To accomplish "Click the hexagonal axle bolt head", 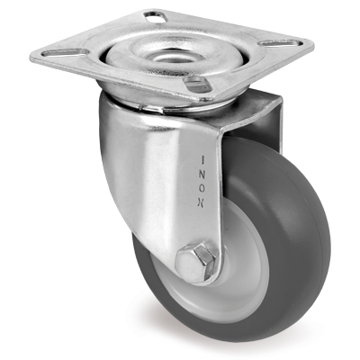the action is coord(196,261).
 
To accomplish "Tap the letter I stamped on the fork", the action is coord(202,160).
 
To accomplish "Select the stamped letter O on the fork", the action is coord(202,189).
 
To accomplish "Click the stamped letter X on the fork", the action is coord(202,203).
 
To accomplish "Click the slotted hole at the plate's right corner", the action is coord(280,43).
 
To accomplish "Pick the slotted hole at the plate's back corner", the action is coord(156,16).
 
